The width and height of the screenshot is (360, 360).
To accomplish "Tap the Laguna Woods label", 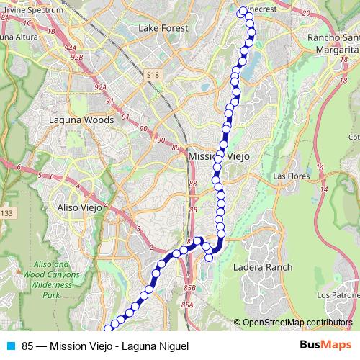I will click(81, 120).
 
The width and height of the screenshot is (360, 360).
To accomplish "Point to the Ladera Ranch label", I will click(264, 267).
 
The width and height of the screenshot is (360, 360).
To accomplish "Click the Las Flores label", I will click(290, 176).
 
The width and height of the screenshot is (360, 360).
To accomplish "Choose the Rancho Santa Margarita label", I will click(333, 43).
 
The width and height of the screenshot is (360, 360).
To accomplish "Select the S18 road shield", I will click(151, 74).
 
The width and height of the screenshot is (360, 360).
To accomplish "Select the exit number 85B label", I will click(189, 288).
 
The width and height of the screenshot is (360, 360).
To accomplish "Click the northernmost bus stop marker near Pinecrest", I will click(241, 12).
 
